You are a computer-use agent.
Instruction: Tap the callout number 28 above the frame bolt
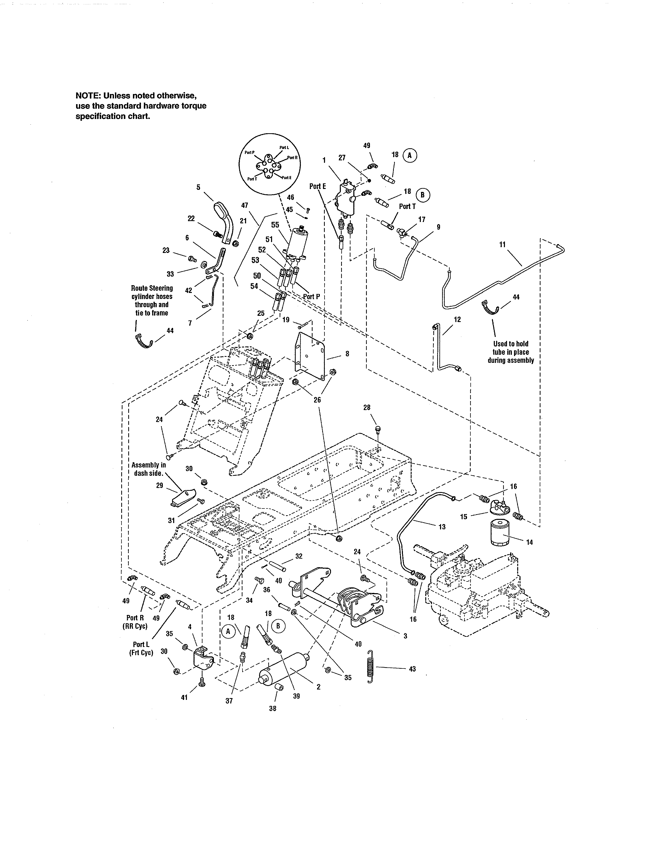point(367,408)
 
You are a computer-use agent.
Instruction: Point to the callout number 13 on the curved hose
point(442,527)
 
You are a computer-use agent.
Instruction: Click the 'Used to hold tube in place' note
point(511,352)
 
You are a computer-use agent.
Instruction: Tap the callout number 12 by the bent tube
point(457,319)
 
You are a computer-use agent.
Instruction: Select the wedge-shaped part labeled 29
point(183,498)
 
